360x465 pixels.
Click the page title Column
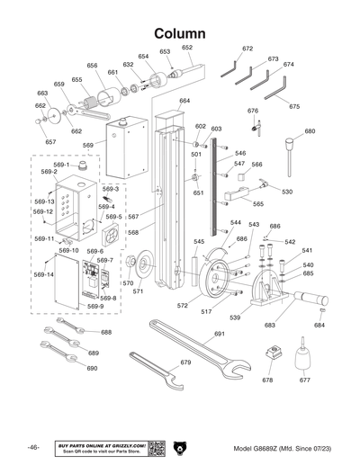(180, 32)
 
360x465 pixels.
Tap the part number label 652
(187, 48)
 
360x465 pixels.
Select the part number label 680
(310, 131)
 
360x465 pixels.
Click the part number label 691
(219, 334)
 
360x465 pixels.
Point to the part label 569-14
(44, 274)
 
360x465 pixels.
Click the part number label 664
(184, 101)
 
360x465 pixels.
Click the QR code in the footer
(154, 448)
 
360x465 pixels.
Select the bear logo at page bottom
(180, 448)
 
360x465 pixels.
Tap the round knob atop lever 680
(291, 141)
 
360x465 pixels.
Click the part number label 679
(185, 362)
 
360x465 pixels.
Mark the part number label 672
(247, 49)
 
